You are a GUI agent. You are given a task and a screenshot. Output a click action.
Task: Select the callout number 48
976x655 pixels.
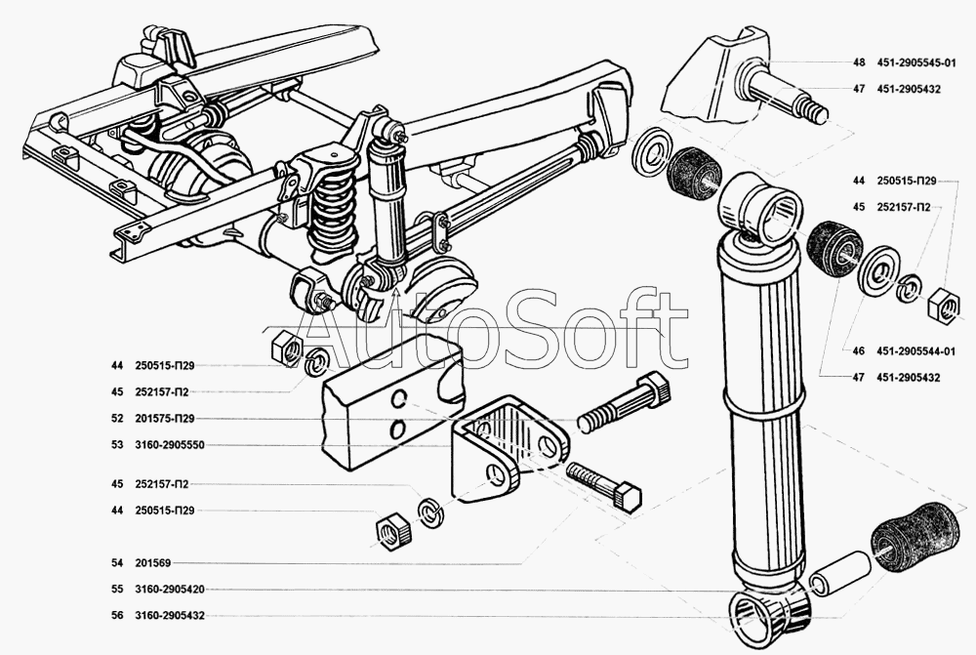[859, 62]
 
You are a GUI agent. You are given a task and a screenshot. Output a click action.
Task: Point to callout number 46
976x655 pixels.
[859, 351]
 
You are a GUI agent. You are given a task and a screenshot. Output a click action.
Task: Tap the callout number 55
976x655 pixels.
[117, 590]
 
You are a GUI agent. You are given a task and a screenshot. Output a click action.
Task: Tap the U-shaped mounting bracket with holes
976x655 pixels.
[503, 449]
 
